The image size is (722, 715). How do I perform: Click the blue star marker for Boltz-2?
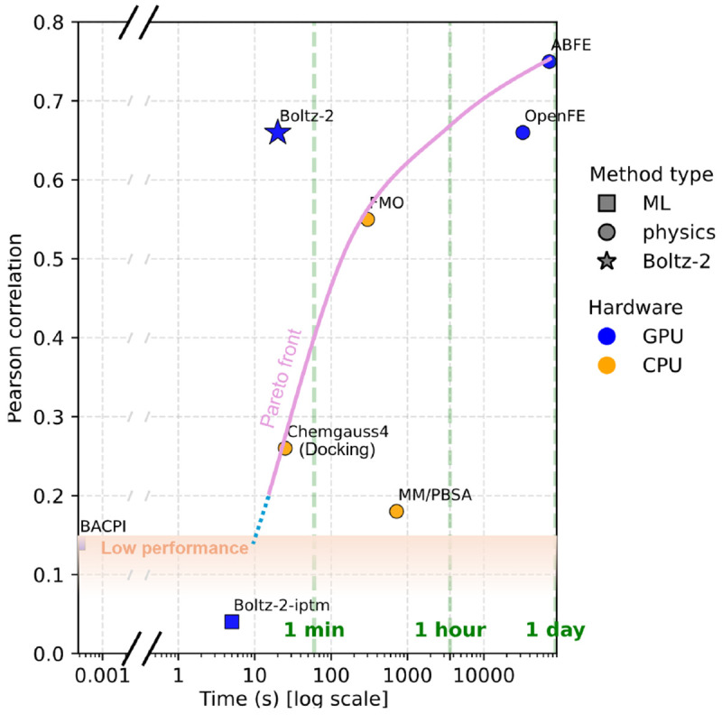point(277,133)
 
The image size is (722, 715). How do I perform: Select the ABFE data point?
point(549,61)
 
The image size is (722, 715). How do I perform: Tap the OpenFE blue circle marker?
point(523,133)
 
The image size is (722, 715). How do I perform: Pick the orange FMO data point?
point(367,219)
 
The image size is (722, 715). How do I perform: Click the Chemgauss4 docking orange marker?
point(285,448)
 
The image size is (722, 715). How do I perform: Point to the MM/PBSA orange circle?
point(396,511)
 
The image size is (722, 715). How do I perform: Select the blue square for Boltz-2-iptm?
point(232,621)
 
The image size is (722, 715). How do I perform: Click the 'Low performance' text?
point(175,547)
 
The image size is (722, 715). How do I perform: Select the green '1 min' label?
point(314,630)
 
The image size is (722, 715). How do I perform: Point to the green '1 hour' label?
point(450,630)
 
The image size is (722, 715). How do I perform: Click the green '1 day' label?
point(557,630)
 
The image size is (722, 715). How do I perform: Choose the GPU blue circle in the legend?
point(607,337)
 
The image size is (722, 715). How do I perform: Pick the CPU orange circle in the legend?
point(607,366)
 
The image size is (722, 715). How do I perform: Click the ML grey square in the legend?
point(607,204)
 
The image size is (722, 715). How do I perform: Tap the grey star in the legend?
point(607,262)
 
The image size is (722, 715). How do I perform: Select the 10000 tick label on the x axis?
point(483,673)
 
